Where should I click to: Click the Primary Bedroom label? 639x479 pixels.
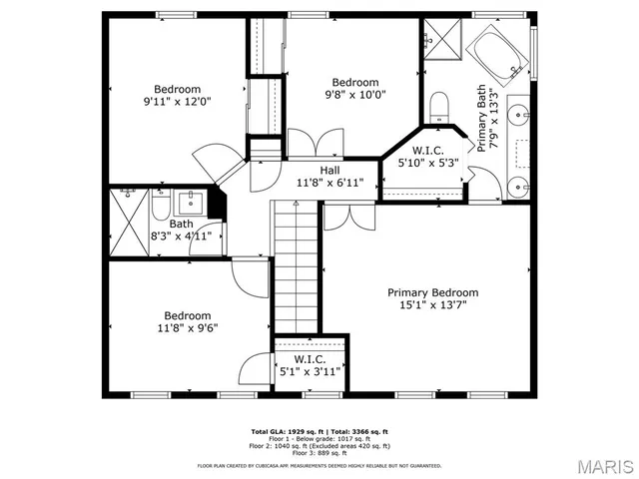(x=432, y=292)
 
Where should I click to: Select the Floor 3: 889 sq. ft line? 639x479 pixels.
(x=319, y=451)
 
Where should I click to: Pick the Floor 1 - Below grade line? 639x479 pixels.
(x=319, y=438)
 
